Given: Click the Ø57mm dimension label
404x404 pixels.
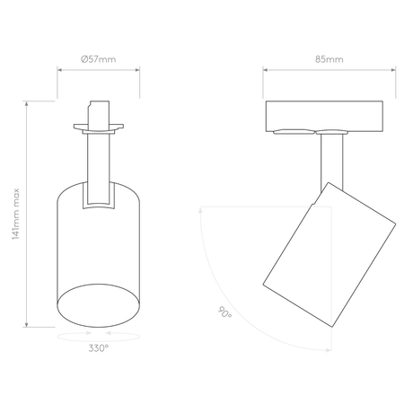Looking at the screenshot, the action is click(x=98, y=59).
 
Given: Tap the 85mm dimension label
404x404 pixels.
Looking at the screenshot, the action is click(x=329, y=59).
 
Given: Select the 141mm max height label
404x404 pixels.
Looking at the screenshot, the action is click(x=15, y=214).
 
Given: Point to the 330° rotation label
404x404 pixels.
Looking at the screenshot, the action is click(x=99, y=348).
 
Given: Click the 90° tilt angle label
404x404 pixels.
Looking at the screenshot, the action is click(x=224, y=312).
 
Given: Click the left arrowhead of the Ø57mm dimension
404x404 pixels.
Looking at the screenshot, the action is click(x=59, y=70).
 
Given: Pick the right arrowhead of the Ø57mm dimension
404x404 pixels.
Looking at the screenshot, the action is click(x=137, y=70).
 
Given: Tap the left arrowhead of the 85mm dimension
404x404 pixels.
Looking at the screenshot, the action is click(x=266, y=70).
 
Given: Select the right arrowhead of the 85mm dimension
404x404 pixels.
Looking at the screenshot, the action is click(x=393, y=70).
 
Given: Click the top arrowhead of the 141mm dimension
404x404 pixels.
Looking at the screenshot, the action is click(x=27, y=103).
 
